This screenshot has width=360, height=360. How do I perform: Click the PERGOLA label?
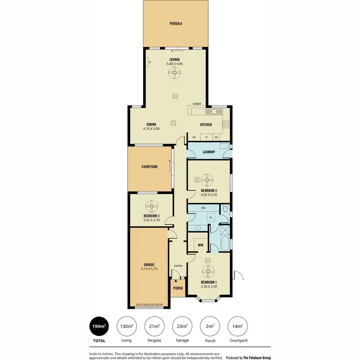coord(175,24)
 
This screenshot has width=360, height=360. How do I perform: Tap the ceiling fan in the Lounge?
coord(174,73)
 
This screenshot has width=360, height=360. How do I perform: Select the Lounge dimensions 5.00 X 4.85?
coord(174,64)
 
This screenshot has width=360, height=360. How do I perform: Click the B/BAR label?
coord(196,104)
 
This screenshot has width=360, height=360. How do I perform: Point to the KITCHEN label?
coord(206,125)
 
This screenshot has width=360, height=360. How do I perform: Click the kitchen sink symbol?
coord(212,111)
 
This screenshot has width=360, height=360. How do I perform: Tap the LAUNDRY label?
coord(208,153)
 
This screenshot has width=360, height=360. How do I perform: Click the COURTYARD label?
coord(149,167)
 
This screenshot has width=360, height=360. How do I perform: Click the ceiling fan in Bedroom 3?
coord(151,207)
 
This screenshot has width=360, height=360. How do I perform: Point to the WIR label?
coord(201,245)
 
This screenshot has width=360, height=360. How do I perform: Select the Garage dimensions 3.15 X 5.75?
coord(149,269)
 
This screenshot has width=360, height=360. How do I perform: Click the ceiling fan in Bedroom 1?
coord(208,272)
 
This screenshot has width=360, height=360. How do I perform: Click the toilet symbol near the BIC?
coord(225,210)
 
